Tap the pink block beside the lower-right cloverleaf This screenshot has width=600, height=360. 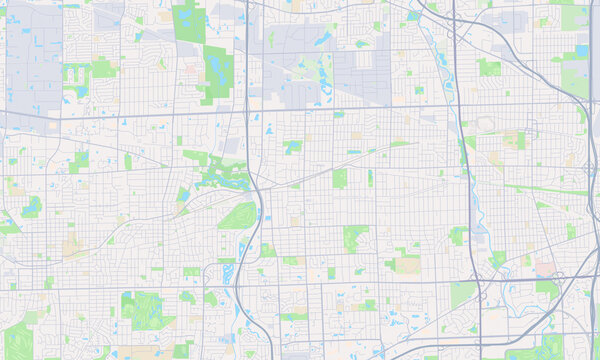pos(545,268)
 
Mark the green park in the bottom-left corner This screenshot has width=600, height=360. pos(17,340)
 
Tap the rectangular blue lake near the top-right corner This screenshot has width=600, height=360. pos(582,49)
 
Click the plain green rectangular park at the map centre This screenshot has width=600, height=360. pos(339,178)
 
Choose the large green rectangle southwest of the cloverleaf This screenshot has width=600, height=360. pos(462,295)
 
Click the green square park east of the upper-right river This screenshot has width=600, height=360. pos(489,67)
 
